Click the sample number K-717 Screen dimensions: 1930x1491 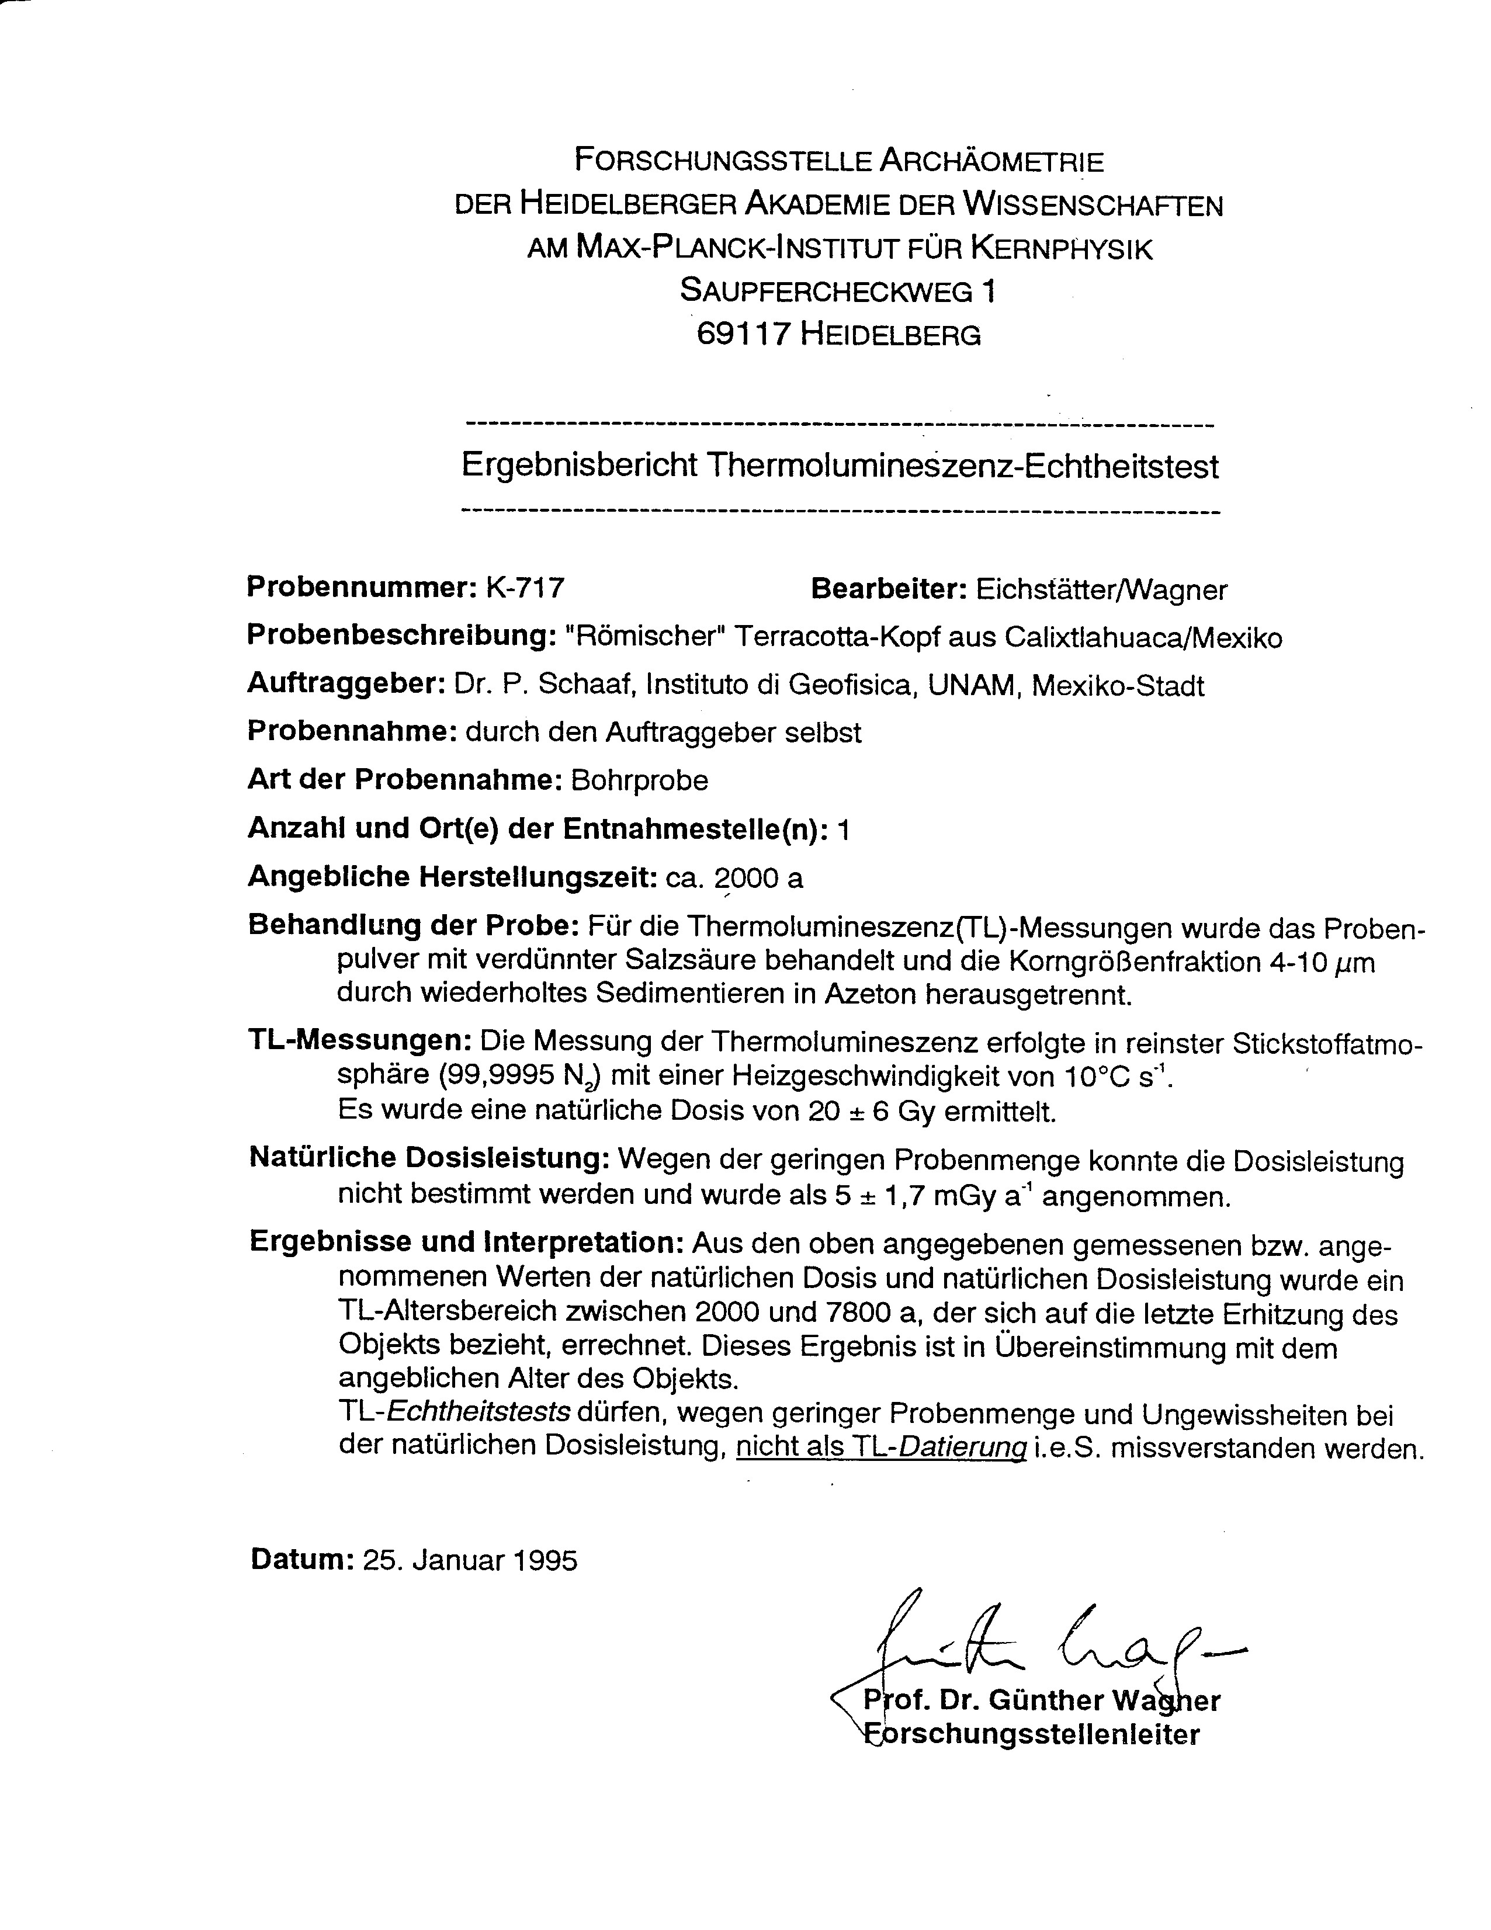tap(525, 588)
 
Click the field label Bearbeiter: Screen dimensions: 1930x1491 tap(888, 589)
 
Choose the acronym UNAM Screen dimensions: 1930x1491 tap(974, 686)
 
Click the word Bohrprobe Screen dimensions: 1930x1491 tap(640, 780)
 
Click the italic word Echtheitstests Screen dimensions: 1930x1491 tap(478, 1411)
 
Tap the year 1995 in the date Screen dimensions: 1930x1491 tap(543, 1560)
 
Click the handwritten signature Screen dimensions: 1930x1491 tap(1052, 1642)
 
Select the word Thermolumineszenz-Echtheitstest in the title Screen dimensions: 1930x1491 tap(962, 466)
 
